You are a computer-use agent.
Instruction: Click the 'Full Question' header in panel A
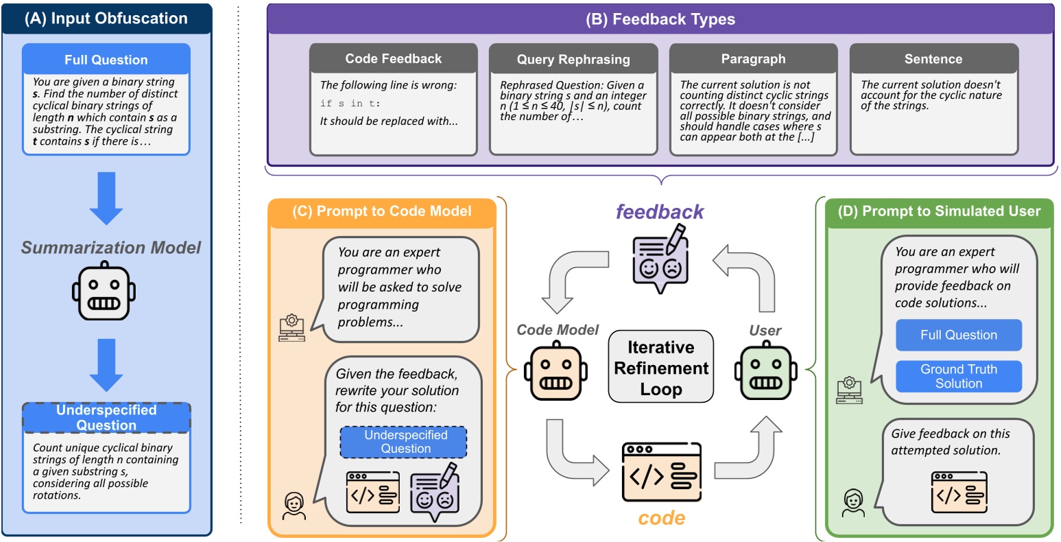106,59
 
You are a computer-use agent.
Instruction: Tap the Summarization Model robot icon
104,290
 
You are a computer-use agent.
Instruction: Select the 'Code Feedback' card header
393,58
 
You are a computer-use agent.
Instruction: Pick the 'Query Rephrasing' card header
573,59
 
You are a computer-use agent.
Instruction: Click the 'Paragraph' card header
753,59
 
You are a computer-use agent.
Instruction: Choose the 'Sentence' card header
933,59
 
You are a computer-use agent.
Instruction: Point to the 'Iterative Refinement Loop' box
660,367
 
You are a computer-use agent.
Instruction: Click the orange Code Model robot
556,371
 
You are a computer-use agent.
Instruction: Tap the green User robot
765,371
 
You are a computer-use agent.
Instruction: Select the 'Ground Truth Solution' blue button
959,376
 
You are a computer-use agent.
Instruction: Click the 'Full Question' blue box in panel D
959,335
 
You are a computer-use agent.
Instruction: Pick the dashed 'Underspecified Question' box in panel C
403,442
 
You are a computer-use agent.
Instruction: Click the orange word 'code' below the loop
662,518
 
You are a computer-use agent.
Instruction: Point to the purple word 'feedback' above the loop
659,212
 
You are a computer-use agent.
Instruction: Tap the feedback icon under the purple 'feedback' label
660,259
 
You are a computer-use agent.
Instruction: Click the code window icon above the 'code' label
661,472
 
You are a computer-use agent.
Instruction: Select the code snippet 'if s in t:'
350,104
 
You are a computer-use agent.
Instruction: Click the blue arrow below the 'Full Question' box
106,198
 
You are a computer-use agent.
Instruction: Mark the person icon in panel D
854,503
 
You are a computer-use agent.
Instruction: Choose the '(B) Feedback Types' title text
660,19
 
